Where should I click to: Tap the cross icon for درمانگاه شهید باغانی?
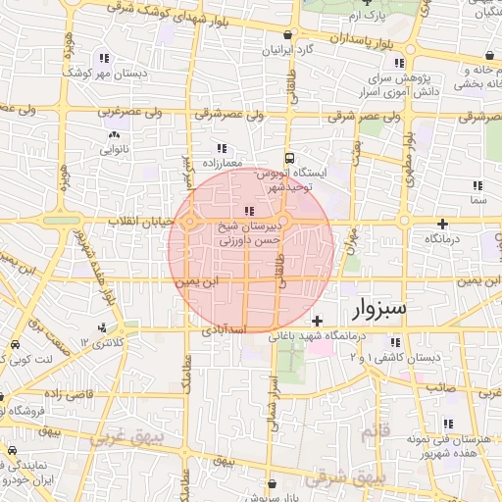coord(316,321)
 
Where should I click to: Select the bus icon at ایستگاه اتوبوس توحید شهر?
coord(288,157)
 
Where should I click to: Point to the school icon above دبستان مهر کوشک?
coord(104,58)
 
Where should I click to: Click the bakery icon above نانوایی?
coord(115,135)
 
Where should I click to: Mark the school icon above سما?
coord(477,184)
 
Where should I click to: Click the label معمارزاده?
coord(223,163)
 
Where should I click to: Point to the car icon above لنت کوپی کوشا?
coord(15,345)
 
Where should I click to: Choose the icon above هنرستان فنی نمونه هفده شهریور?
coord(447,424)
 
